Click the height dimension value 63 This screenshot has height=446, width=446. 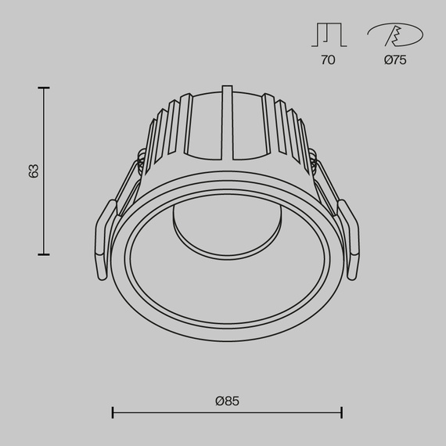pos(33,171)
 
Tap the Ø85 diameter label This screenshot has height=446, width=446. pos(227,401)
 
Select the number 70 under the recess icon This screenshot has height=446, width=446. pos(328,59)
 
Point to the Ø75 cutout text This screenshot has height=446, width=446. pos(395,59)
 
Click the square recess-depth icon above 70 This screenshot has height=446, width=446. pos(328,35)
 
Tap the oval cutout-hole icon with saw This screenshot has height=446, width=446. pos(395,35)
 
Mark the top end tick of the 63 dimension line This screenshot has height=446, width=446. pos(44,88)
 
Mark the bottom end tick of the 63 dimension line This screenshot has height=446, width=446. pos(44,254)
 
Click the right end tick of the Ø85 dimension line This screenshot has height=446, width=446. pos(341,412)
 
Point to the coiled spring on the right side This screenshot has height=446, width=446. pos(312,164)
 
